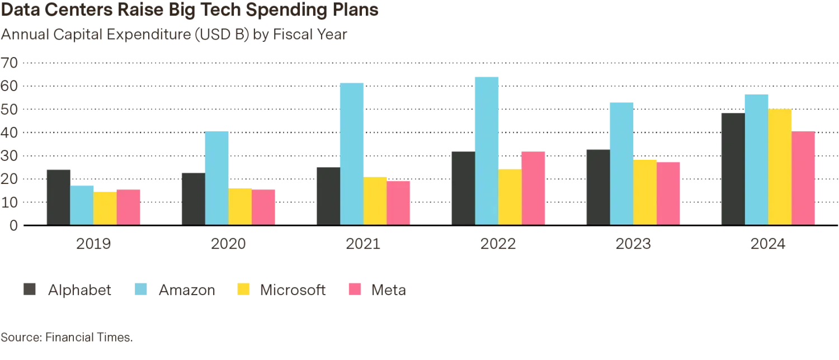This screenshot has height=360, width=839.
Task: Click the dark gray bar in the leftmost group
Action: point(58,195)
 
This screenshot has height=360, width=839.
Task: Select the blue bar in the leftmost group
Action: point(82,204)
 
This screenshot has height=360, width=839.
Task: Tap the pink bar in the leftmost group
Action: point(129,206)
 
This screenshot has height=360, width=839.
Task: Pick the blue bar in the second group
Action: point(217,177)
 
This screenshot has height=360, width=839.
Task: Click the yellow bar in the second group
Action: point(240,206)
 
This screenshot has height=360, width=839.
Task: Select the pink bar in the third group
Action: point(399,202)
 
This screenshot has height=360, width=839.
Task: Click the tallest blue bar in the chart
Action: point(488,150)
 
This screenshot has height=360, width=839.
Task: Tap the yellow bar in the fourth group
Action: point(510,196)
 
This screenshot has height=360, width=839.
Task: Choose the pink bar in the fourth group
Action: point(534,187)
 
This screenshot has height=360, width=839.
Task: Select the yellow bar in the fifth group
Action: point(645,191)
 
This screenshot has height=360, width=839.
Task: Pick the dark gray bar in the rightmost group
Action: point(732,168)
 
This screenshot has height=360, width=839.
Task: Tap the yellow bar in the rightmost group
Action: point(780,167)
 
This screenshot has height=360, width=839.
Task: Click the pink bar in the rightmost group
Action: point(804,177)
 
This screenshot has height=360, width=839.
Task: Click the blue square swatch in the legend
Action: point(142,289)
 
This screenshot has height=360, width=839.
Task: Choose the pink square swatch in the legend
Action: point(355,289)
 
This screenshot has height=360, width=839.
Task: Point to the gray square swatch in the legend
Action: point(29,289)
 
